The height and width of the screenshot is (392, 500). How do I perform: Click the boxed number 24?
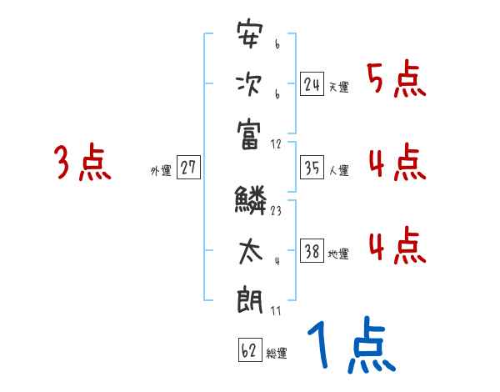(312, 84)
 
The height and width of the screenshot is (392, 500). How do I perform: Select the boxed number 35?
(312, 169)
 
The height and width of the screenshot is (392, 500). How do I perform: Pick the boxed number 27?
(187, 168)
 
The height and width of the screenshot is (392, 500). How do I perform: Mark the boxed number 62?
(249, 350)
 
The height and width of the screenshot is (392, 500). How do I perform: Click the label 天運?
(338, 87)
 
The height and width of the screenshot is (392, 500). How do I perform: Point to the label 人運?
(338, 171)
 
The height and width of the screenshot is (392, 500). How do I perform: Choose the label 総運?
(277, 353)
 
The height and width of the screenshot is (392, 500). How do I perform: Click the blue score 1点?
(350, 347)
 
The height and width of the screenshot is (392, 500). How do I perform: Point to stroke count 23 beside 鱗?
(275, 210)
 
